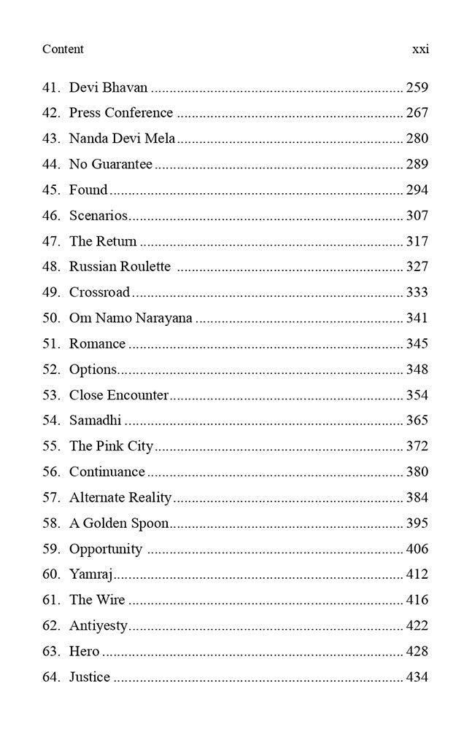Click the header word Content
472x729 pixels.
click(x=63, y=49)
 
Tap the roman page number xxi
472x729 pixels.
click(x=420, y=49)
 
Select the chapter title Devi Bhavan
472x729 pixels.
click(x=108, y=87)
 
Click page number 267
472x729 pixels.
click(x=417, y=113)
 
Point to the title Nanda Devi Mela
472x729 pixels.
click(x=122, y=139)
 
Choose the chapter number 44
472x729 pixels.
click(x=51, y=164)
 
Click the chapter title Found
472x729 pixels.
click(x=88, y=190)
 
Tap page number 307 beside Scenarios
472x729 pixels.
click(x=417, y=216)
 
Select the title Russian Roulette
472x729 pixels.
click(x=120, y=267)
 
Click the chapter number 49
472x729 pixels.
click(x=51, y=292)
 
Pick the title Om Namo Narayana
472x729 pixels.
click(x=131, y=318)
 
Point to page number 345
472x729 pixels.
click(x=417, y=343)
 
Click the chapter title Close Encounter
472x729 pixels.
click(x=119, y=395)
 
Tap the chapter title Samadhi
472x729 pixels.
click(x=95, y=421)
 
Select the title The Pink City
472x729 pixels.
click(x=111, y=446)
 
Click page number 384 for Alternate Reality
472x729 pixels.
click(x=417, y=498)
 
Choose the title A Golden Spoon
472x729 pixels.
click(x=119, y=523)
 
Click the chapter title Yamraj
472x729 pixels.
click(x=90, y=574)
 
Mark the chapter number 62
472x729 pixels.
click(x=51, y=625)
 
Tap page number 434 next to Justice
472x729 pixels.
click(x=417, y=677)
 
